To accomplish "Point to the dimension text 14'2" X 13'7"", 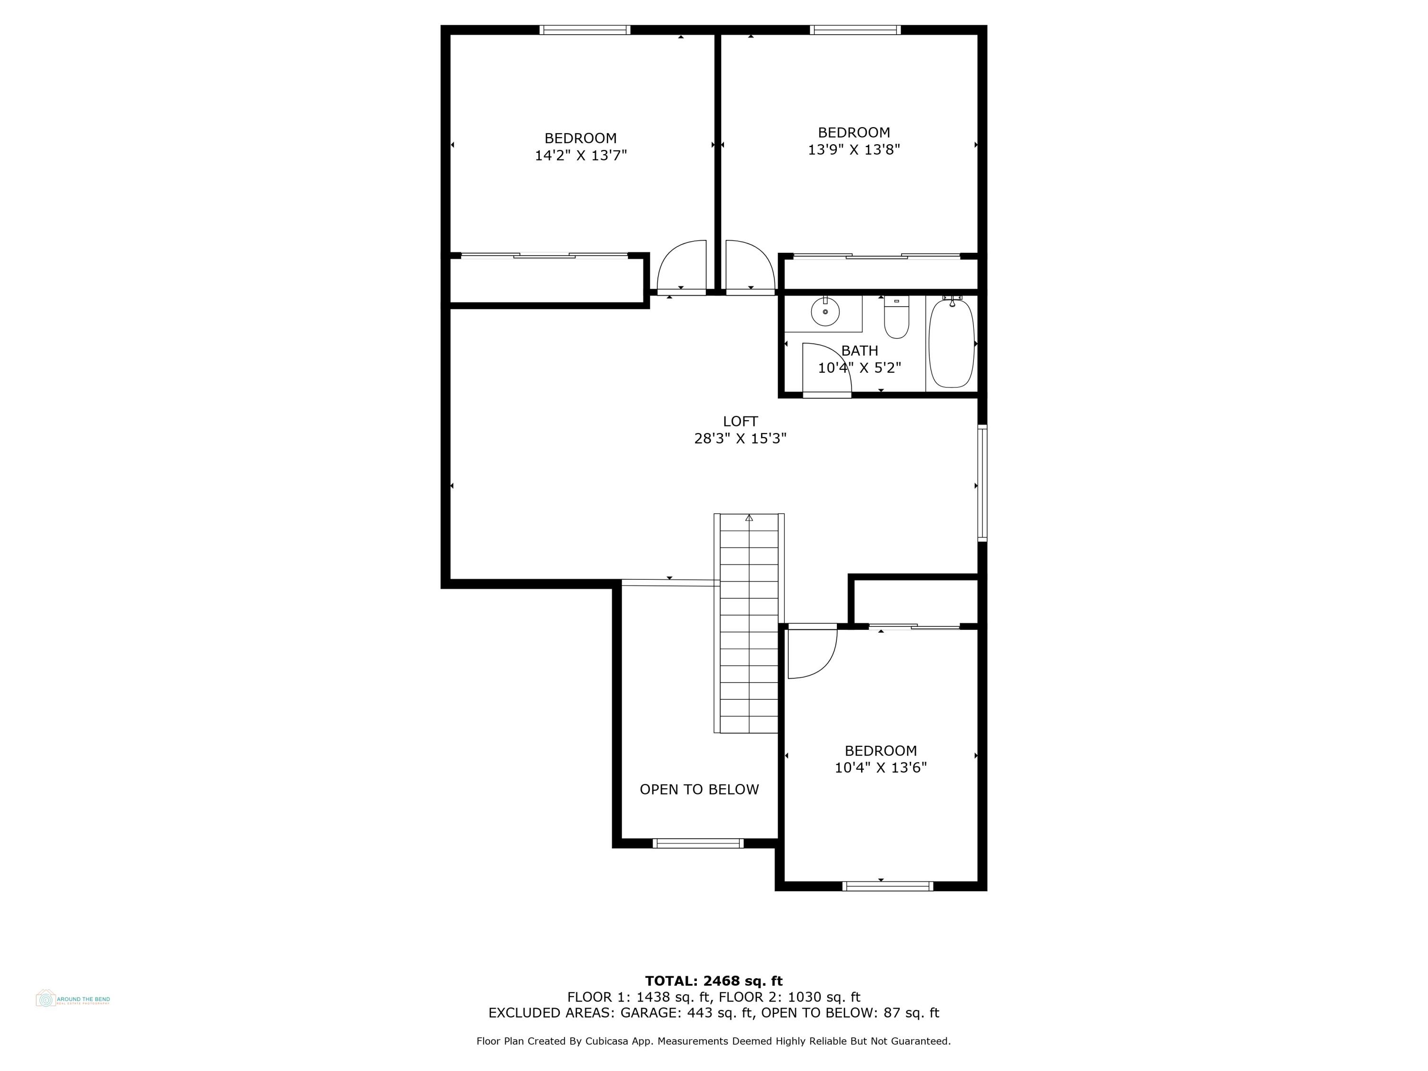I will pos(580,156).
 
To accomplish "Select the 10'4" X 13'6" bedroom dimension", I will pos(881,768).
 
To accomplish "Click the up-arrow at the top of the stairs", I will pos(749,518).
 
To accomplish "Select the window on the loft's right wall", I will pos(982,482).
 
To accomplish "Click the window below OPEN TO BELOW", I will pos(698,843).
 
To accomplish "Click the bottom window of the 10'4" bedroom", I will pos(888,886).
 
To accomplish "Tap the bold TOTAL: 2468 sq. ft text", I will pos(714,981).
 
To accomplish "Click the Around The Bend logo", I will pos(72,999).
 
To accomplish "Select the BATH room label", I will pos(859,350).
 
